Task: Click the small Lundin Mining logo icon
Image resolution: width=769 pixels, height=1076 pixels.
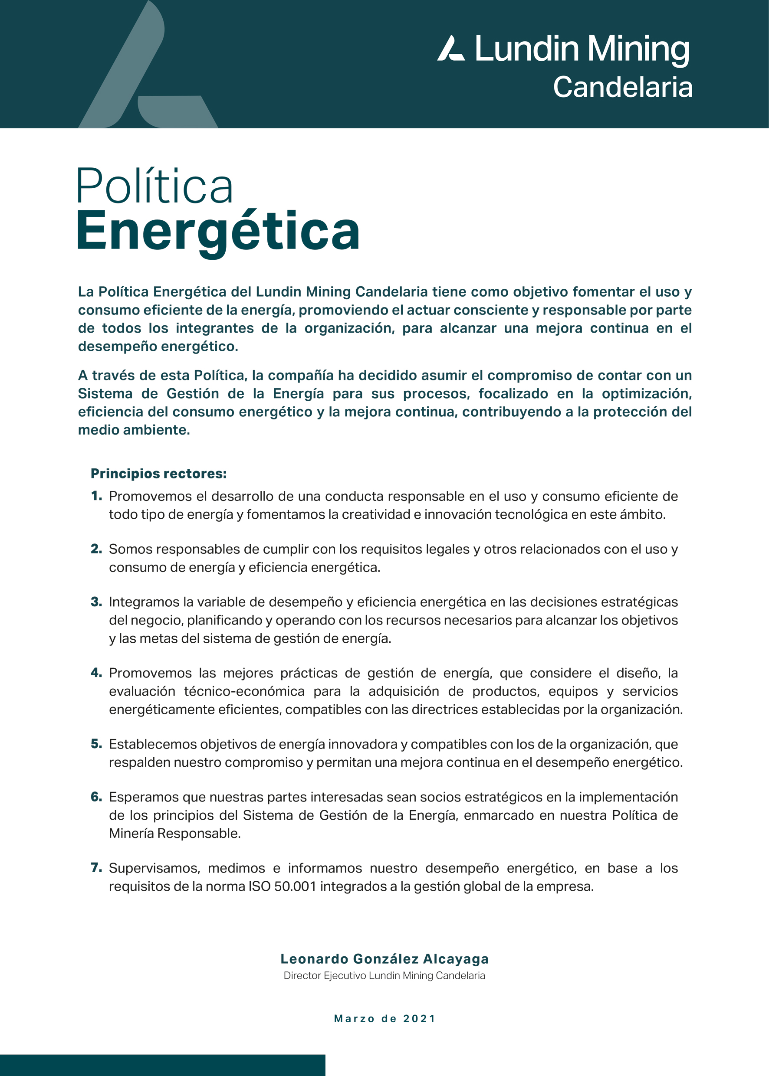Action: [450, 48]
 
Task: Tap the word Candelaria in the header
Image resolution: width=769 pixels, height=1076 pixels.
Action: [622, 88]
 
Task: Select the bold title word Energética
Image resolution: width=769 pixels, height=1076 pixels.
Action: [218, 232]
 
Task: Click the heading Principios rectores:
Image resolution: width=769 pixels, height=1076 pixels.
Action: [159, 474]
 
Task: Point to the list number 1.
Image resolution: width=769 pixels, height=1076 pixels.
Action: [96, 496]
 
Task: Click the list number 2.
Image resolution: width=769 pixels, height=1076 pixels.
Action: [96, 549]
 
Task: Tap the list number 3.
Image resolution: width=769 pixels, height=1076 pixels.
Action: [96, 602]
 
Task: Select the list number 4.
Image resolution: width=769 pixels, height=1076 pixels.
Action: [96, 673]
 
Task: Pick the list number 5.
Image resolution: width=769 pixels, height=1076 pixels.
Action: [96, 744]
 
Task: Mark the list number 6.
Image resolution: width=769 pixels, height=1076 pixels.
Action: [96, 797]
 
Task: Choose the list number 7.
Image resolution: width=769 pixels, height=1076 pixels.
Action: [96, 868]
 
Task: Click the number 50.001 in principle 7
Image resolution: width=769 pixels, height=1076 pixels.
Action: [295, 886]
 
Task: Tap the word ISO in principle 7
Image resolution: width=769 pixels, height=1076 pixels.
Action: [260, 886]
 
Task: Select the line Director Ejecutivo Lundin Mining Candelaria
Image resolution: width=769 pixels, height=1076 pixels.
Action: [384, 975]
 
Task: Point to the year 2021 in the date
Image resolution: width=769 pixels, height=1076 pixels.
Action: [419, 1018]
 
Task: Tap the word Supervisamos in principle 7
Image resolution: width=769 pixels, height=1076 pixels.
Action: [154, 868]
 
